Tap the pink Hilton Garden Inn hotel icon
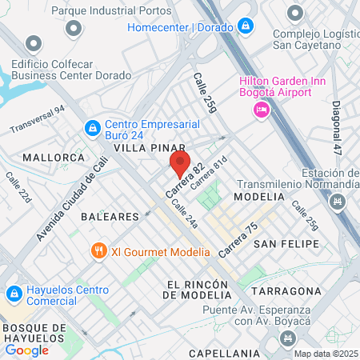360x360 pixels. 261,110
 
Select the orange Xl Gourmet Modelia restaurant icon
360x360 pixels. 99,250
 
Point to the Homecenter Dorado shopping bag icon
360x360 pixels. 247,26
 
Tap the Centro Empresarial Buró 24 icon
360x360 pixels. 93,126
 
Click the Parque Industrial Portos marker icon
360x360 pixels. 74,29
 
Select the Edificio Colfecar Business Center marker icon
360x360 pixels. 33,42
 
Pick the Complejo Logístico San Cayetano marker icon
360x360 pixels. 296,14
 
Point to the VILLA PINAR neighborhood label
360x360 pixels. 150,149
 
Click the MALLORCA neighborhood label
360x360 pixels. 54,158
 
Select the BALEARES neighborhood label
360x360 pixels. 109,216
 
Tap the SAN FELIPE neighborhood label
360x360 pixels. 286,242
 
